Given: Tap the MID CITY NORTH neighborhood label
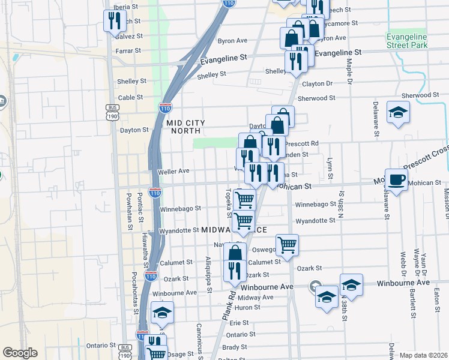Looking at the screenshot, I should [x=185, y=127].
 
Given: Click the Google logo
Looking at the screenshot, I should [x=20, y=352].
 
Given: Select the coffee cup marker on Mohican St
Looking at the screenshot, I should [x=396, y=179].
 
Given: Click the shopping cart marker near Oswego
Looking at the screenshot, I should [x=288, y=244].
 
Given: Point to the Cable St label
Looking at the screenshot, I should [x=130, y=97].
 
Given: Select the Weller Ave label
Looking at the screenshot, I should [x=173, y=172].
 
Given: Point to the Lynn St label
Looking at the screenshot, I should [x=330, y=168].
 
